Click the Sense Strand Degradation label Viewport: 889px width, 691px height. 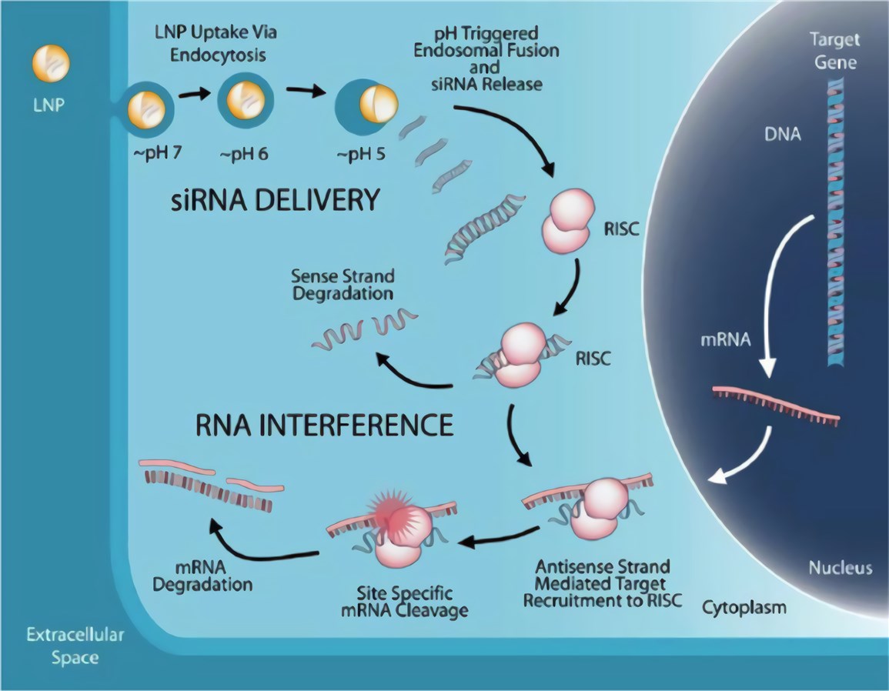[x=343, y=284]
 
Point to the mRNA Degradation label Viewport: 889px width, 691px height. [x=203, y=576]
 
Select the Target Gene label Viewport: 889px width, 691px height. [x=834, y=51]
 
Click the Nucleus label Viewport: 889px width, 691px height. [x=840, y=569]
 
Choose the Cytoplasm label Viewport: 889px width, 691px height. [x=744, y=608]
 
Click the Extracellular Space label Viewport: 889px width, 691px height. [x=75, y=646]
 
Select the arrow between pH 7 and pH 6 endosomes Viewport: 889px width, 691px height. [x=195, y=95]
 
